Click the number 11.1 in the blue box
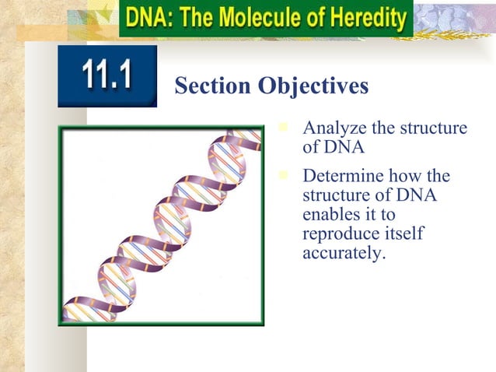pyautogui.click(x=107, y=75)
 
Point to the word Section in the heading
pyautogui.click(x=209, y=87)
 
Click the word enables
pyautogui.click(x=330, y=215)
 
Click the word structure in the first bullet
pyautogui.click(x=433, y=128)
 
